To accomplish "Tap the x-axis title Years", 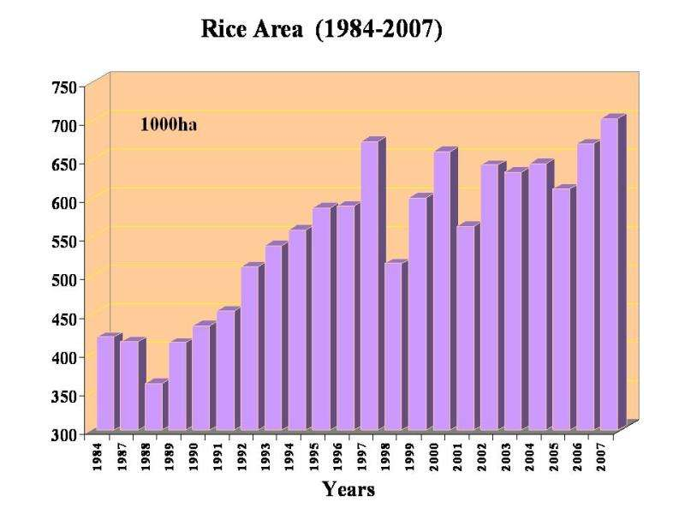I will click(x=348, y=489).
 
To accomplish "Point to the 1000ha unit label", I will click(x=169, y=125).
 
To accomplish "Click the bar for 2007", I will click(x=609, y=274).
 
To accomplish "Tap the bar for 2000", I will click(x=441, y=291).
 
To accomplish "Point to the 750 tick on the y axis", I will click(x=64, y=87).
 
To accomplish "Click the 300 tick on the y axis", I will click(x=64, y=433).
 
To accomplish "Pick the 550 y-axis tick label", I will click(x=64, y=241).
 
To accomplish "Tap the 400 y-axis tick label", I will click(x=64, y=356).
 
